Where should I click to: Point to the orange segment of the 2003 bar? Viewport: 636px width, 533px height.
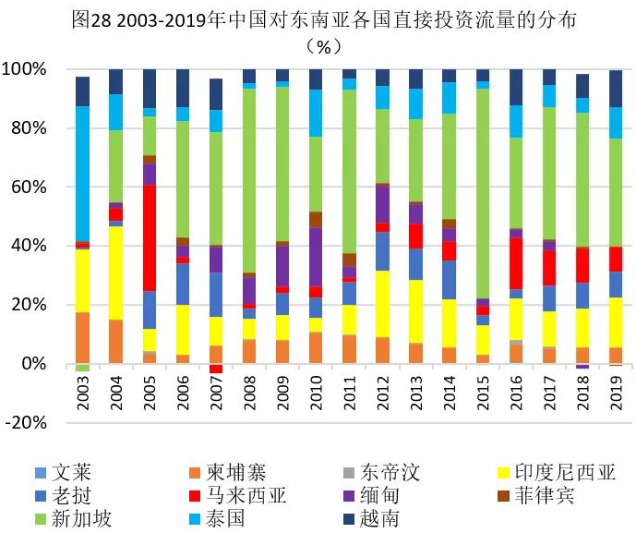[83, 338]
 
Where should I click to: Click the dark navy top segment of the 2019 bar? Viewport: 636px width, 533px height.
[616, 89]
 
